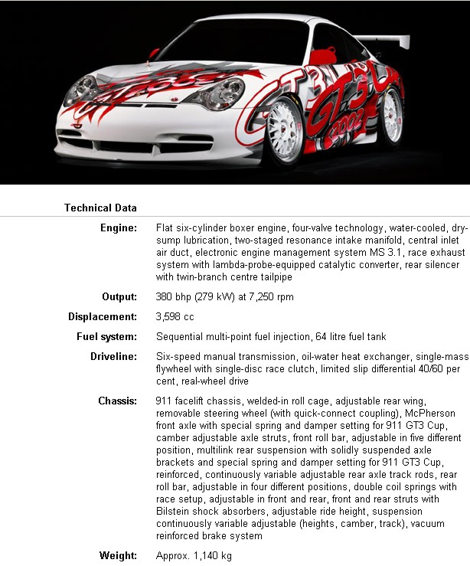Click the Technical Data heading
point(100,208)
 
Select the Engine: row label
point(119,228)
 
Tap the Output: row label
point(119,296)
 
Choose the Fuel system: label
point(106,336)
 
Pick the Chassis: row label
point(117,401)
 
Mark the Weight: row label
point(119,555)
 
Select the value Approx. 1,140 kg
point(194,555)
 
